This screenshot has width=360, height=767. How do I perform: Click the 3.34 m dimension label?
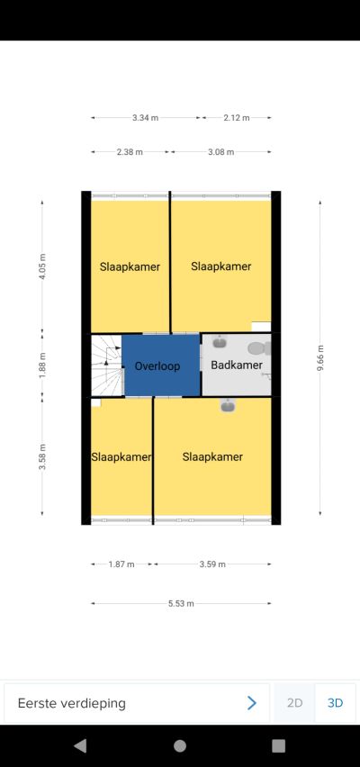(x=145, y=118)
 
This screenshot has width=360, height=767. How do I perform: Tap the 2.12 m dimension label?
(x=237, y=118)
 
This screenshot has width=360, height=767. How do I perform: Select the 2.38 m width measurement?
(x=130, y=152)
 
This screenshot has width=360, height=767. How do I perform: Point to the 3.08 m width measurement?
(x=221, y=152)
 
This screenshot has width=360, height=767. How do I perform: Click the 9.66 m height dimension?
(x=320, y=358)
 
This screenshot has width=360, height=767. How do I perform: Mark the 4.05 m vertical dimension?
(x=42, y=266)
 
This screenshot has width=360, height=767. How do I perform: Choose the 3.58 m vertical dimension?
(x=42, y=457)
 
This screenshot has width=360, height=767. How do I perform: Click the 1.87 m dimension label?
(x=121, y=564)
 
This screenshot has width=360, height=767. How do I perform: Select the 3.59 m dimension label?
(x=212, y=564)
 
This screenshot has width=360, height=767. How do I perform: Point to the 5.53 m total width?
(x=181, y=604)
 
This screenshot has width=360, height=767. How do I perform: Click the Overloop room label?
(x=157, y=365)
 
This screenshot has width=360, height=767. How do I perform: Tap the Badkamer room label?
(x=237, y=365)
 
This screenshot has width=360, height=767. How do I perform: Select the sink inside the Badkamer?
(x=220, y=342)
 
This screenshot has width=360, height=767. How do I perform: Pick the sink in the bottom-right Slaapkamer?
(x=228, y=405)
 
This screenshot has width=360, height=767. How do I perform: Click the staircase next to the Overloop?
(x=106, y=365)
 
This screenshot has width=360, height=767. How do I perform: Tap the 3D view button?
(x=335, y=703)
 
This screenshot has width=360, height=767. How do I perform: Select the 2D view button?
(x=294, y=703)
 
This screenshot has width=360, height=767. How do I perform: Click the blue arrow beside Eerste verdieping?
(x=252, y=703)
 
